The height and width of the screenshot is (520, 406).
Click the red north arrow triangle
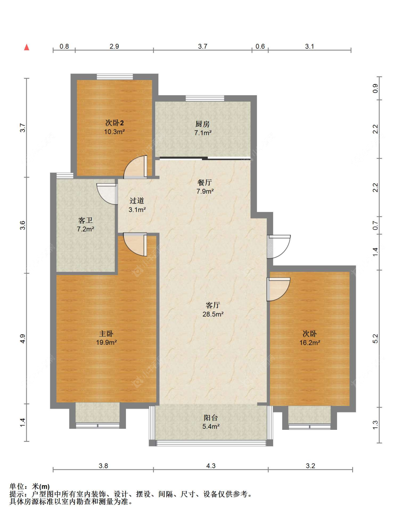click(27, 47)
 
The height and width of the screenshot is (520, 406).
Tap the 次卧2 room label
click(114, 123)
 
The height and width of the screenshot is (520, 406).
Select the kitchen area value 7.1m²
click(203, 133)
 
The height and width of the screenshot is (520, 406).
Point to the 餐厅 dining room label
click(204, 182)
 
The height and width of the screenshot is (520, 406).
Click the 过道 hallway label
click(137, 200)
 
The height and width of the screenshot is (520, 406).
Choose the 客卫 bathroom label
click(85, 220)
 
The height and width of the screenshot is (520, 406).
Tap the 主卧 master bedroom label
click(106, 333)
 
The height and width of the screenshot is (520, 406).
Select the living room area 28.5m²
click(213, 314)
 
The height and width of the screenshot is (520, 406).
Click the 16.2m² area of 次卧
click(310, 343)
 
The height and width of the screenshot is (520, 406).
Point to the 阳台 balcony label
click(211, 418)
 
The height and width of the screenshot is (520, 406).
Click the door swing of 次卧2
click(135, 167)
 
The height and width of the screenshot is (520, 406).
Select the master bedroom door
click(135, 244)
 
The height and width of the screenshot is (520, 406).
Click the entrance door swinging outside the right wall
click(279, 247)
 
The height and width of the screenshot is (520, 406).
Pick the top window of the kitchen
click(205, 98)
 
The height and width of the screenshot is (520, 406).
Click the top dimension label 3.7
click(202, 46)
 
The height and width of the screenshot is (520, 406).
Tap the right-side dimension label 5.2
click(375, 339)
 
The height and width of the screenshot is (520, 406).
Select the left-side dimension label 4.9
click(22, 339)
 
